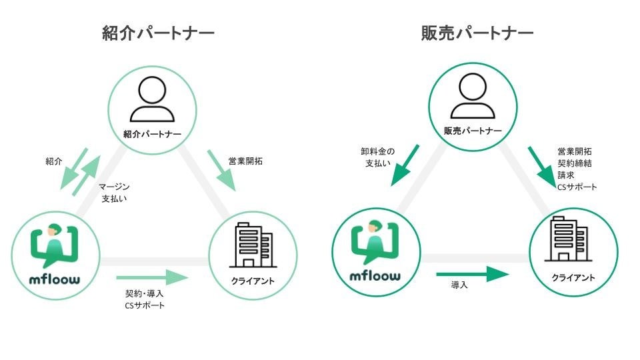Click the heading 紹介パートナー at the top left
(159, 33)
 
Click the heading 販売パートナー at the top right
(477, 33)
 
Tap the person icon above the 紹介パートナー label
(152, 99)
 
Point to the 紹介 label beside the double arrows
(54, 161)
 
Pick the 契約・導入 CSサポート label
(145, 299)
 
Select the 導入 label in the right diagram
(459, 285)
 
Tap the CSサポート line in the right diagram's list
(577, 187)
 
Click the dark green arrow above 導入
(472, 273)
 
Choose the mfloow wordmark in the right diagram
(375, 275)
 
